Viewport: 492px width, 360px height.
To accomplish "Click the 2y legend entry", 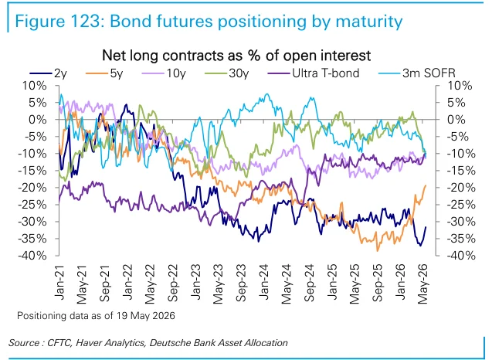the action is coord(49,73).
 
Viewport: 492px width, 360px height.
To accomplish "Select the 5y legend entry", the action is coord(104,73).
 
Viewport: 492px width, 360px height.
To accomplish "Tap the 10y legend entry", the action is coord(164,73).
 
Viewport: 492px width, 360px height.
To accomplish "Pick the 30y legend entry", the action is coord(227,73).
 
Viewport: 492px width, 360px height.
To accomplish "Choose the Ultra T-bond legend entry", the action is coord(314,73).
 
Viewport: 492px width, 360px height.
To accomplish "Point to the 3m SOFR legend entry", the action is coord(417,73).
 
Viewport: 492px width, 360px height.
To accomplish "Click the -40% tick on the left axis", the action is coord(32,256).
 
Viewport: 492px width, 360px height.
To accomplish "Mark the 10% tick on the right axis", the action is coord(459,86).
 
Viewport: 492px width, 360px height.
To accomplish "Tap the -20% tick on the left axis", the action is coord(32,188).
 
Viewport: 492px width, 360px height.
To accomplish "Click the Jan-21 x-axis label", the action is coord(59,282).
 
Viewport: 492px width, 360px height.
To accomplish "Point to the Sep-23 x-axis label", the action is coord(241,283).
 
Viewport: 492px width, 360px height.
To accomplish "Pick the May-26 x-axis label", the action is coord(423,284).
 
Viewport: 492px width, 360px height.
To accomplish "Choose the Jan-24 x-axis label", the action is coord(264,282).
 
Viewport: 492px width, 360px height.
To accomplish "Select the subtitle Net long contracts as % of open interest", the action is coord(236,56).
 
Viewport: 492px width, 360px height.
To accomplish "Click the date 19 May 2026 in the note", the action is coord(146,315).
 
